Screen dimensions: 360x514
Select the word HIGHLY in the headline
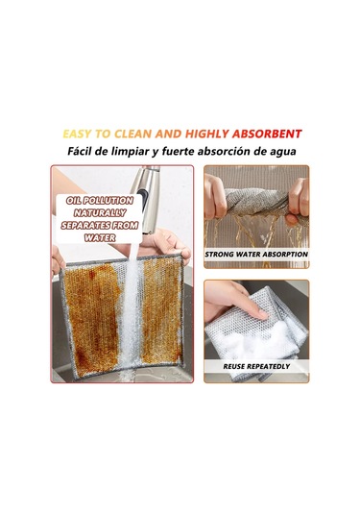click(x=207, y=134)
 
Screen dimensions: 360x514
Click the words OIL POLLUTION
click(x=100, y=201)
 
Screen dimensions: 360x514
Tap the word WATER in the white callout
click(x=100, y=237)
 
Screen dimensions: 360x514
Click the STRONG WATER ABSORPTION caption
click(x=256, y=254)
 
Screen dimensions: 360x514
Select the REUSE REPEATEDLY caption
click(x=256, y=366)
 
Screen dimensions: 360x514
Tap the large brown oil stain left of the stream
click(x=93, y=316)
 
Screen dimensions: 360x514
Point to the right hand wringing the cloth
click(x=299, y=200)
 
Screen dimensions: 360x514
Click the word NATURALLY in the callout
click(x=100, y=213)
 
